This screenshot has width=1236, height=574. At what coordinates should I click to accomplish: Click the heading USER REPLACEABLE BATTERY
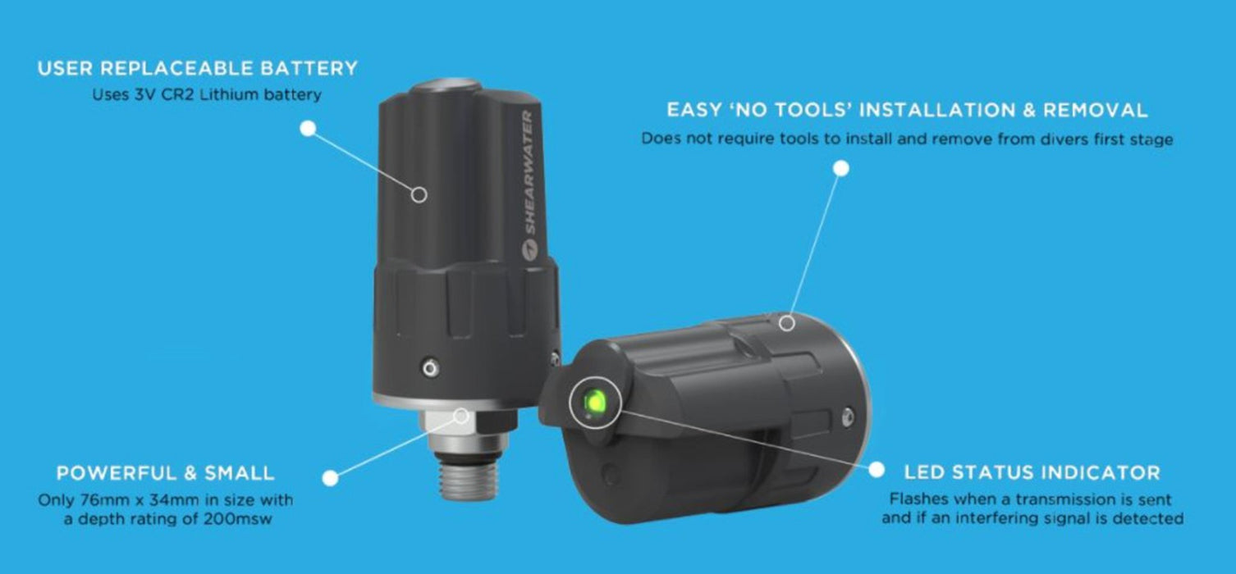197,69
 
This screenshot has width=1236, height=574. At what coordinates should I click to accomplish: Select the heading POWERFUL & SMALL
165,473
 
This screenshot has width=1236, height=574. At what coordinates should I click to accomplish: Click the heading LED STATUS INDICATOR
1032,473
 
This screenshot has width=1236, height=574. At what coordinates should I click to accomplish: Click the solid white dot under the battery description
308,128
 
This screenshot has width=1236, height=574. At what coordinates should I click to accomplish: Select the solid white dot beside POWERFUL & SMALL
331,476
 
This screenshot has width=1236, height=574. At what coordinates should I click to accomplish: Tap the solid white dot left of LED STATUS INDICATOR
877,470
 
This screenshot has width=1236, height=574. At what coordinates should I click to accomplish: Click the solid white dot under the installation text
840,169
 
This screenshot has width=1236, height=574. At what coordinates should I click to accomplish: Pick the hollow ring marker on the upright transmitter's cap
419,195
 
